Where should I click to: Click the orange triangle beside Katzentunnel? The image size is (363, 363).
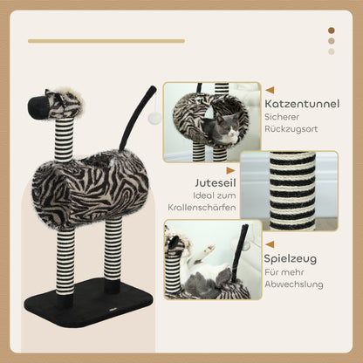pyautogui.click(x=270, y=90)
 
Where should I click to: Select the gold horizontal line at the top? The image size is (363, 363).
pyautogui.click(x=106, y=40)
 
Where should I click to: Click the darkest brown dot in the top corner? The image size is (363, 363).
pyautogui.click(x=332, y=31)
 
